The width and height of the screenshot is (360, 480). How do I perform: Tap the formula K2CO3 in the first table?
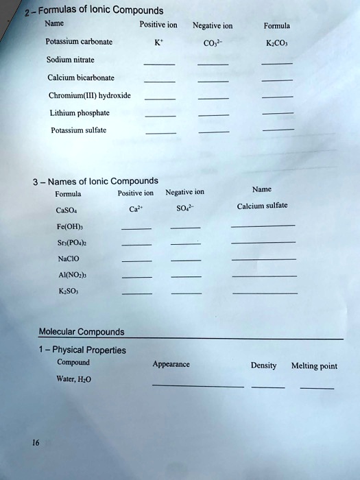(278, 43)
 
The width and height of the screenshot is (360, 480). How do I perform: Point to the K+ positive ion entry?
(160, 43)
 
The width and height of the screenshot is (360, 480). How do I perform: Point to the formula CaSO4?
(67, 211)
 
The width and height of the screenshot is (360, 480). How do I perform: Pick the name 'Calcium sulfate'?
(262, 206)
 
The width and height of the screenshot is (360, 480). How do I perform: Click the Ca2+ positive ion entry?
(136, 209)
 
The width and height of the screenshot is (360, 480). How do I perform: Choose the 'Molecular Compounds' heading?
(82, 332)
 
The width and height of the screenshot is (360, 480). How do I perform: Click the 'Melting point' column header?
(314, 366)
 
